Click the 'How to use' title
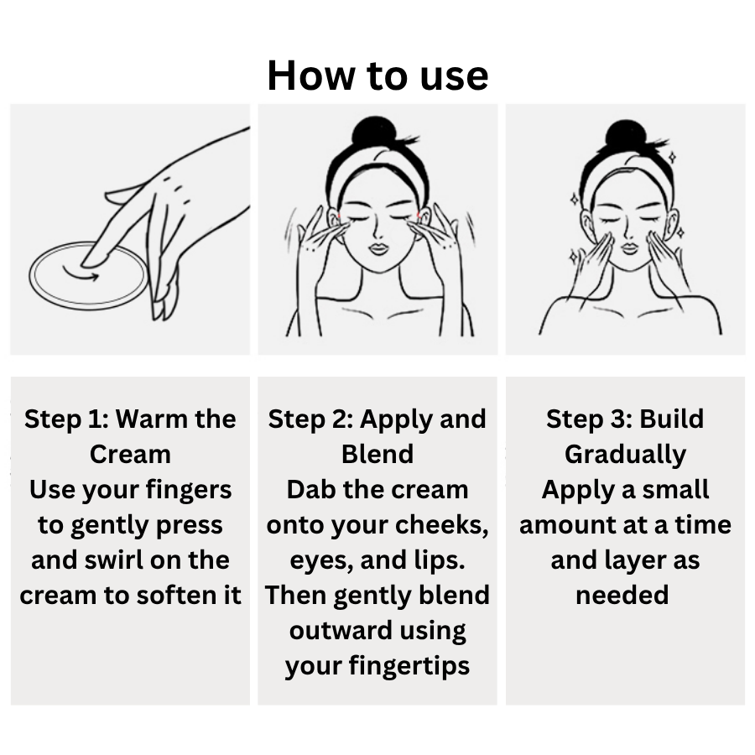click(377, 75)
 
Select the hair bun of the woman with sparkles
click(626, 134)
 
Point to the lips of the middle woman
click(379, 249)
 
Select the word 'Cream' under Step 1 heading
click(130, 454)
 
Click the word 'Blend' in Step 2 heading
click(377, 454)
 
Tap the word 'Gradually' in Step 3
click(625, 455)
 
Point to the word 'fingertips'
click(409, 667)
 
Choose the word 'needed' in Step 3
click(622, 595)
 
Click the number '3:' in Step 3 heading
click(617, 419)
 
